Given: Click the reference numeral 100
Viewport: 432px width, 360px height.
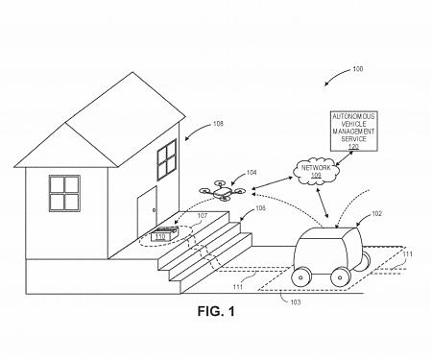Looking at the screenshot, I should [x=357, y=69].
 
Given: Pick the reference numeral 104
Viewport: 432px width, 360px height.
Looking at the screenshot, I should [x=252, y=174].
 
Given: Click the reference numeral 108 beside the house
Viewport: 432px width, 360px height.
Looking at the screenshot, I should [x=218, y=125].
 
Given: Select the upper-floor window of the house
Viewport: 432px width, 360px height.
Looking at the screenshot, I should [x=168, y=158].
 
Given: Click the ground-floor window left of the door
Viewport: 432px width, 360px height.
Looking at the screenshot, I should [x=64, y=195].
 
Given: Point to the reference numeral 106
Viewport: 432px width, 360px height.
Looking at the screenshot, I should [x=261, y=208].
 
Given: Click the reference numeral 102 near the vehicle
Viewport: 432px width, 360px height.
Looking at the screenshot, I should [x=376, y=216].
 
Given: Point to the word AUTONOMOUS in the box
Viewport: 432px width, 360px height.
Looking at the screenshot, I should [x=351, y=114].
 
